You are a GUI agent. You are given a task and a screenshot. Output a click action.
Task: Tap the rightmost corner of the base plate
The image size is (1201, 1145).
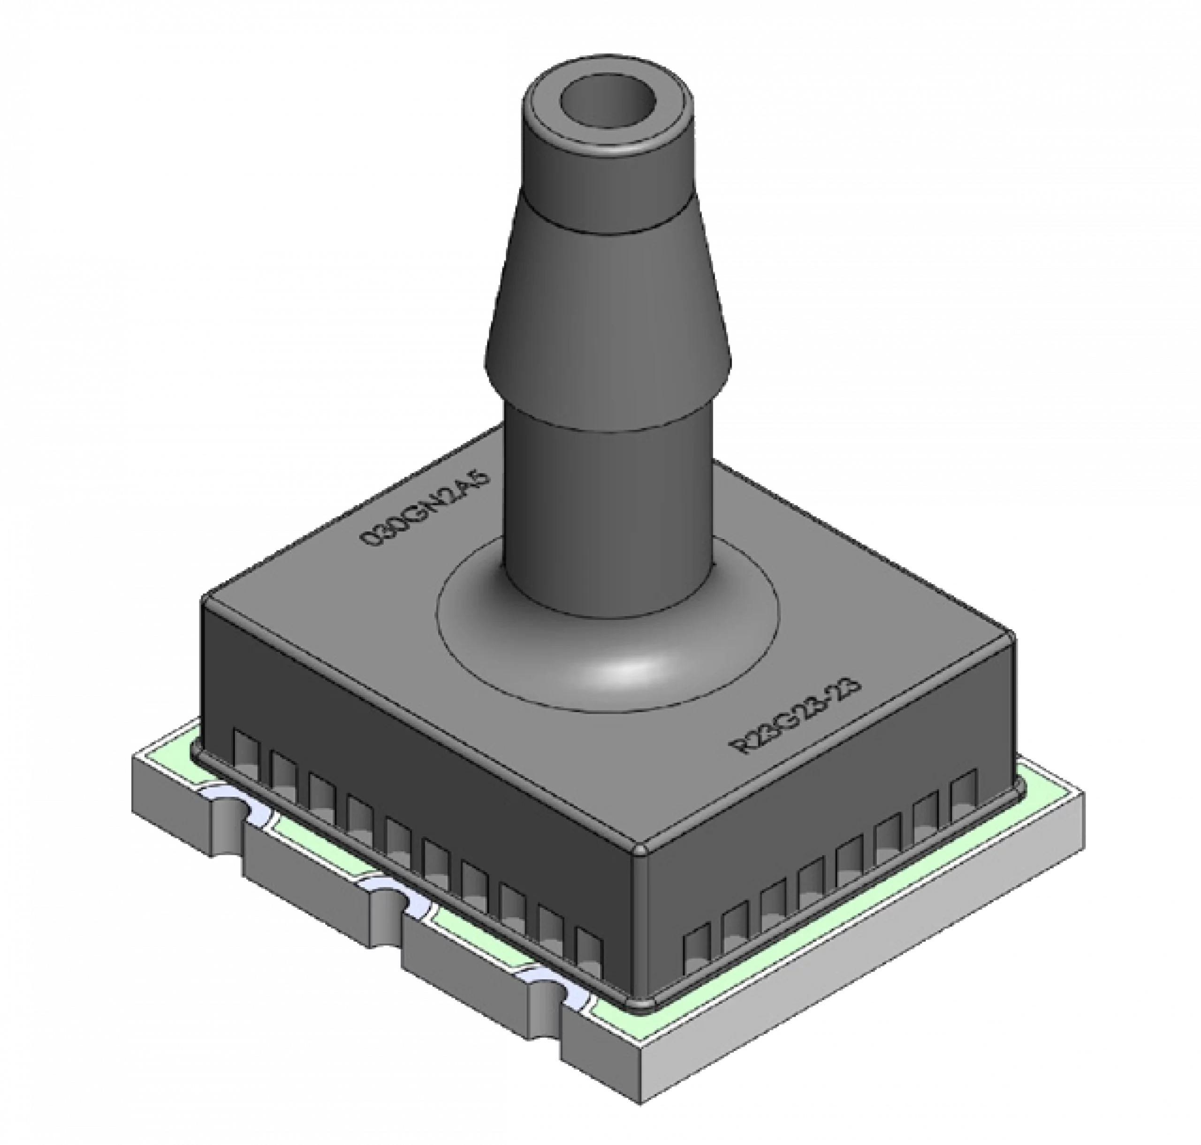point(1084,793)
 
